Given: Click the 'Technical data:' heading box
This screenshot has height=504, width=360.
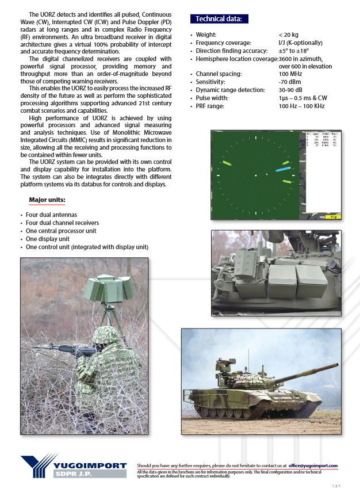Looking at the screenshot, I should (219, 19).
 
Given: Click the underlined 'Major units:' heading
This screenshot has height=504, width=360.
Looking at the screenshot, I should (47, 200).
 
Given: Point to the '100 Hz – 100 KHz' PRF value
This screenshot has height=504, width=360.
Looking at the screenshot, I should (301, 106).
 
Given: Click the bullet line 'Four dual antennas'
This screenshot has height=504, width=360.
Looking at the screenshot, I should (52, 215).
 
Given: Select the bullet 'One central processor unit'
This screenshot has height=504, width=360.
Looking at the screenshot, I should (61, 231).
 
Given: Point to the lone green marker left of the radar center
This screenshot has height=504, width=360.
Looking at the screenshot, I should (227, 163).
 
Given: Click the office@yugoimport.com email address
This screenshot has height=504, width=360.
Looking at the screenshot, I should (313, 465).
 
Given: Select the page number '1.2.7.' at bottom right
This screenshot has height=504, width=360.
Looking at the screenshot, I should (336, 487).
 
